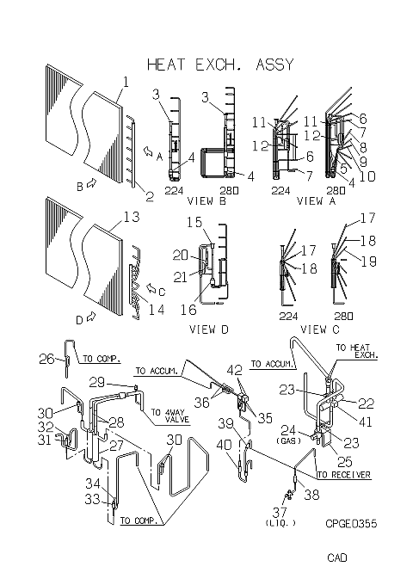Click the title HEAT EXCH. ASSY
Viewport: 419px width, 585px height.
[x=220, y=65]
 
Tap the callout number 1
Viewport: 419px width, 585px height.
[x=126, y=82]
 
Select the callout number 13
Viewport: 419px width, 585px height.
[x=132, y=217]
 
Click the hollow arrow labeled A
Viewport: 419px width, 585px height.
[x=149, y=151]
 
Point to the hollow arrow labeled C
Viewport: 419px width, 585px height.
[x=151, y=288]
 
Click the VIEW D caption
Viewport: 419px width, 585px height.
[x=208, y=329]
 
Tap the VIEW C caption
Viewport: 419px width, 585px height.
[x=320, y=329]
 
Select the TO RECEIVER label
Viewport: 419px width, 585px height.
[x=344, y=475]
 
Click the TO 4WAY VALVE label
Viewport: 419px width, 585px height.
[x=169, y=416]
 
